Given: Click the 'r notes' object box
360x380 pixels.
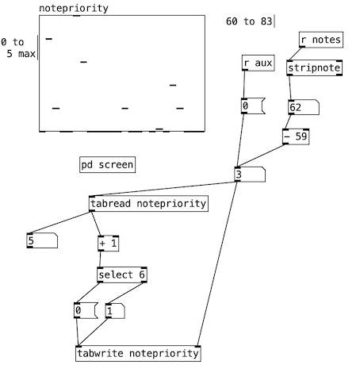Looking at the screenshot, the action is click(x=321, y=40).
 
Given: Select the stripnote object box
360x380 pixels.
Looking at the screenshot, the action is click(x=315, y=68).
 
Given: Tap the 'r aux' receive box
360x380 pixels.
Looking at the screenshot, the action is click(x=258, y=63).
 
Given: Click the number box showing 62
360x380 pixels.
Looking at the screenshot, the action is click(x=304, y=107).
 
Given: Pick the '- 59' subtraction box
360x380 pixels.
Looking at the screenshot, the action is click(x=296, y=136).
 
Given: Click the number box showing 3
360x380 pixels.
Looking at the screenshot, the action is click(x=250, y=175).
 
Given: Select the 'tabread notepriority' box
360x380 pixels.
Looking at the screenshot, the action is click(x=148, y=204).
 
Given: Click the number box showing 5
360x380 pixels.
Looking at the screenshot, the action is click(x=42, y=240).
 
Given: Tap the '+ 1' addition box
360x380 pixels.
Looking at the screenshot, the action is click(x=109, y=244).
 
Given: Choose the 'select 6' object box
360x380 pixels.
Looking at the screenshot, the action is click(x=122, y=274).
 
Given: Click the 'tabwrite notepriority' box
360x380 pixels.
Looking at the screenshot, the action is click(x=138, y=353).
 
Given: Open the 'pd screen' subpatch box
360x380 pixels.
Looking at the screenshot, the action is click(x=107, y=165).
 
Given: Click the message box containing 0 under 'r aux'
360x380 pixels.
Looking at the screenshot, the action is click(x=253, y=106).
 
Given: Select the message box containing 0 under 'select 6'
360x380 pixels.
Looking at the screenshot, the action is click(x=86, y=310).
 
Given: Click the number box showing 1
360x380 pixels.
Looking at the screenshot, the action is click(x=115, y=311).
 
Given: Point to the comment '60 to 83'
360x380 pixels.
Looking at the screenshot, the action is click(x=249, y=21).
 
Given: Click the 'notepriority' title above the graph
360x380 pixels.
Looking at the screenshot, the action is click(x=74, y=8).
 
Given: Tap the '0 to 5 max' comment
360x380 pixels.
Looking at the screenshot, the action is click(x=18, y=48).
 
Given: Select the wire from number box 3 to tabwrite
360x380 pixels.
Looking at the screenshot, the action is click(x=217, y=263).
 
